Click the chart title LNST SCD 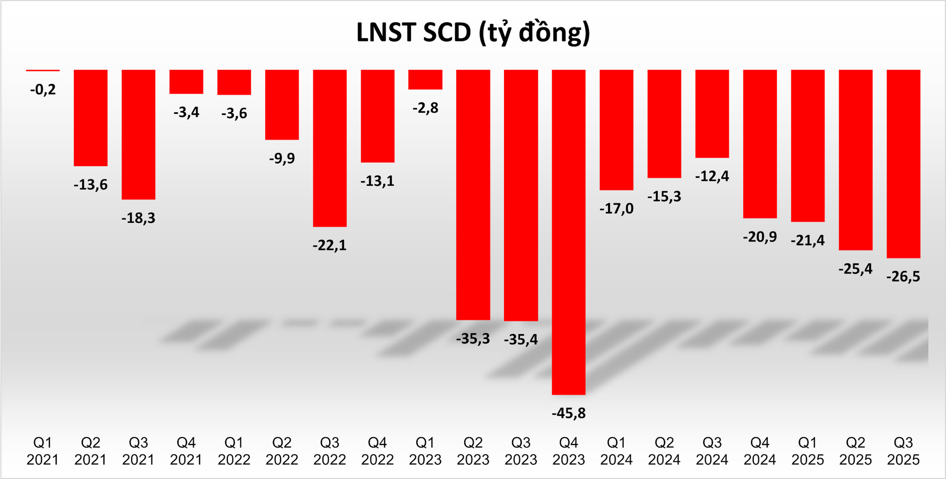[473, 33]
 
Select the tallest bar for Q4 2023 [569, 232]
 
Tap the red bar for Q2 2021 [91, 118]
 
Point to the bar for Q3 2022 [330, 148]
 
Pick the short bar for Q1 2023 [425, 79]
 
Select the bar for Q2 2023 [473, 195]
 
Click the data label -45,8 [569, 413]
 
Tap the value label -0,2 [43, 90]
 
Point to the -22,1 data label [330, 245]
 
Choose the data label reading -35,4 [521, 339]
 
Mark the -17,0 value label [616, 208]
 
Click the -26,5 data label [903, 276]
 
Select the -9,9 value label [282, 158]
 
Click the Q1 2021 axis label [43, 451]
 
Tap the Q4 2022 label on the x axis [377, 451]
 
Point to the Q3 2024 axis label [712, 451]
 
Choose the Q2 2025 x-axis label [855, 451]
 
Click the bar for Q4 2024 [760, 144]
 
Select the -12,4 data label [712, 176]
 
